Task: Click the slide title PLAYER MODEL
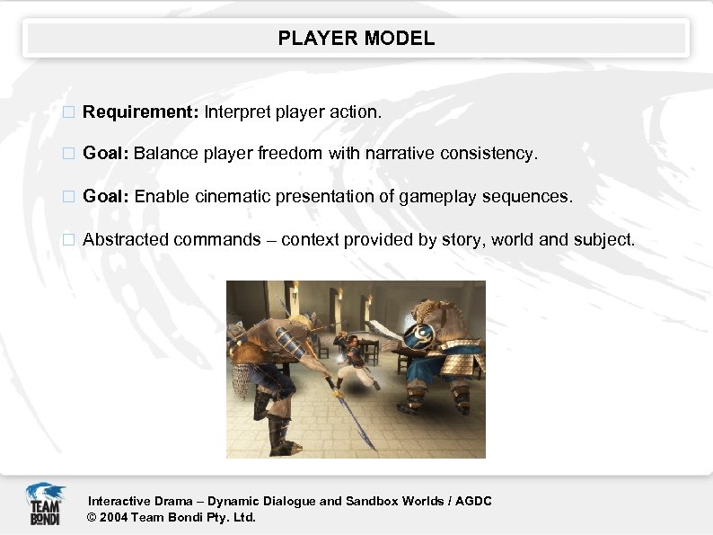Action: coord(356,39)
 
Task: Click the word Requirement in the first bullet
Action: coord(139,112)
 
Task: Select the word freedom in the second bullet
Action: coord(290,154)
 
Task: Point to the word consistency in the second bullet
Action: coord(489,154)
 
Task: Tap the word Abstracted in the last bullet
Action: coord(126,240)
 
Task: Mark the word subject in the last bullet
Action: coord(603,240)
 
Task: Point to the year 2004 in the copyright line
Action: coord(113,517)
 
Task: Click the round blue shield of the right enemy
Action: coord(418,337)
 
